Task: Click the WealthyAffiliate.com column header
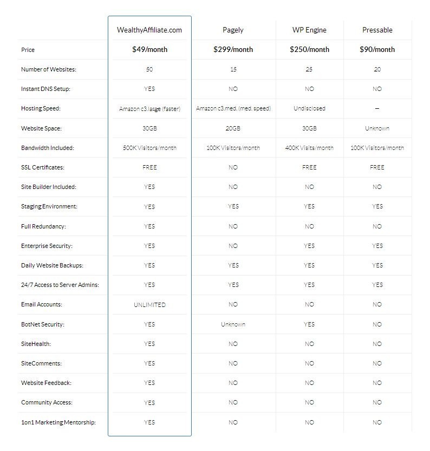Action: point(149,30)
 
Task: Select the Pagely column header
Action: point(233,30)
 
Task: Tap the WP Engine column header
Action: point(309,30)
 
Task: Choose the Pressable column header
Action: point(377,30)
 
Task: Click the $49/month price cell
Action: point(149,50)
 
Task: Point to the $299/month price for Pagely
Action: point(233,50)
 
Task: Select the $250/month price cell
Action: point(309,50)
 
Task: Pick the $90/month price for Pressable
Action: point(377,50)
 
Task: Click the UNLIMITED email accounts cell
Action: point(149,305)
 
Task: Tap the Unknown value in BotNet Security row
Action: point(233,324)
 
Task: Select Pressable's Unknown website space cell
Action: point(377,128)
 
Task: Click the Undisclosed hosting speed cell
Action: point(309,108)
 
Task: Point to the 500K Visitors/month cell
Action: point(149,148)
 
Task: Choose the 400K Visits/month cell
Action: point(309,148)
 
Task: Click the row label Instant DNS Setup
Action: point(45,89)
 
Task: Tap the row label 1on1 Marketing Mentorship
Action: point(58,422)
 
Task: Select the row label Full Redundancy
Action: point(43,226)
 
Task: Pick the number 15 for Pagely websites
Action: point(233,69)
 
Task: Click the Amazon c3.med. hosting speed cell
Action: point(233,108)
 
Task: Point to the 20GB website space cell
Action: point(233,128)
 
